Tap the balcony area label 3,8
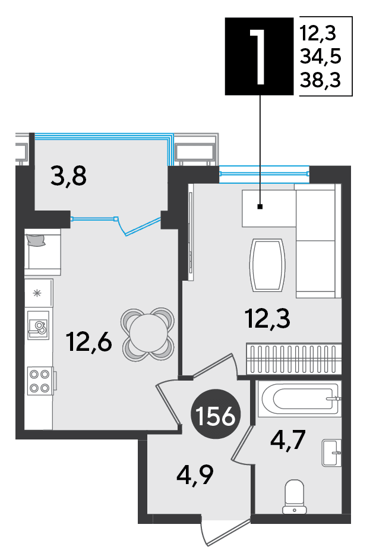(68, 176)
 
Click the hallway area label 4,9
(195, 475)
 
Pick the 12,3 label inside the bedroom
(268, 318)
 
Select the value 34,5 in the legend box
(320, 56)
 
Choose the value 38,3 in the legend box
(320, 80)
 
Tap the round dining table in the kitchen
(148, 334)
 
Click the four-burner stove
(40, 381)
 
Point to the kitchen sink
(39, 325)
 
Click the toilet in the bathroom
(295, 496)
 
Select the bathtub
(299, 398)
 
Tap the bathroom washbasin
(331, 453)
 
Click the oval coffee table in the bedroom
(268, 265)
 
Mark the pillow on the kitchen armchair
(36, 240)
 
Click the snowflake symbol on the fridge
(37, 293)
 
